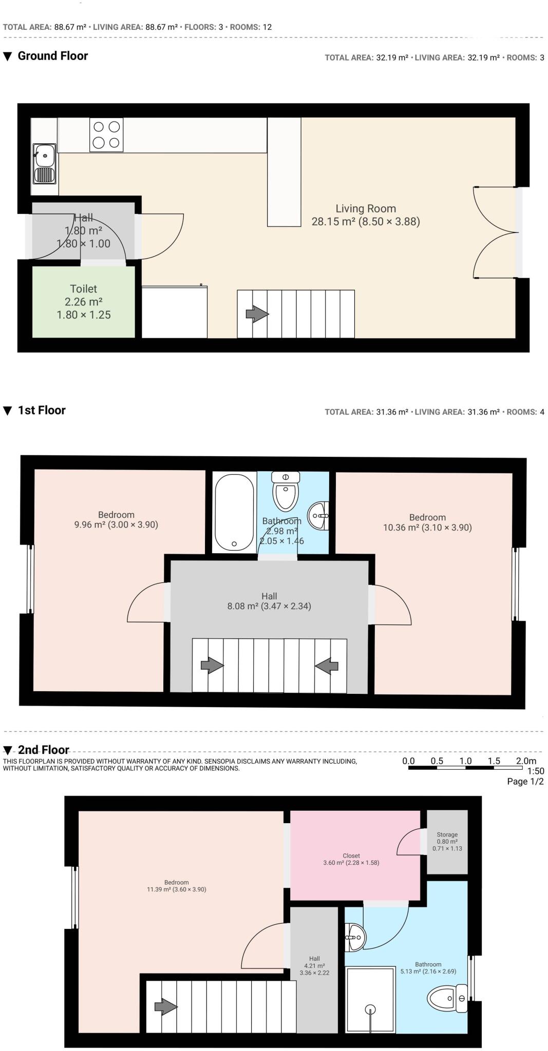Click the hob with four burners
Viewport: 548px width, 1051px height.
[x=106, y=134]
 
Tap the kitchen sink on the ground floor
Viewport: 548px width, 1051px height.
[x=45, y=163]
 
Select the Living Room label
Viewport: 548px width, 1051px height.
[x=366, y=209]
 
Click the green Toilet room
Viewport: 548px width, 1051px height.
[x=84, y=302]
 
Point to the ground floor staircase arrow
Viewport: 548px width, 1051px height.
[x=257, y=314]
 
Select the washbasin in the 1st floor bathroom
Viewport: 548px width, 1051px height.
[x=319, y=515]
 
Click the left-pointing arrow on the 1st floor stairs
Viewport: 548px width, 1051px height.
[x=327, y=666]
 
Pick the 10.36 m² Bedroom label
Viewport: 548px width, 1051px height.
[x=427, y=522]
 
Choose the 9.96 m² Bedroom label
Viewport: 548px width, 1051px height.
[x=116, y=520]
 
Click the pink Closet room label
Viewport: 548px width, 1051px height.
[x=351, y=859]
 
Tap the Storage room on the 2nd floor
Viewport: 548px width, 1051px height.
[x=447, y=842]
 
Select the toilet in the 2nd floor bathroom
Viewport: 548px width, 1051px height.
[x=447, y=999]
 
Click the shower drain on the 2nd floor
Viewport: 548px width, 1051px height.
[x=370, y=1009]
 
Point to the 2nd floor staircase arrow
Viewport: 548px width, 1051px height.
[x=166, y=1007]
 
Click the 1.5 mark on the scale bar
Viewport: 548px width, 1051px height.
[x=494, y=761]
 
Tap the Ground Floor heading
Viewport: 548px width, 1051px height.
[x=53, y=56]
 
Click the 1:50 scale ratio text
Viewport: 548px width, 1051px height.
[x=536, y=771]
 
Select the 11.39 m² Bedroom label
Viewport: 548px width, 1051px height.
[x=177, y=886]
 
